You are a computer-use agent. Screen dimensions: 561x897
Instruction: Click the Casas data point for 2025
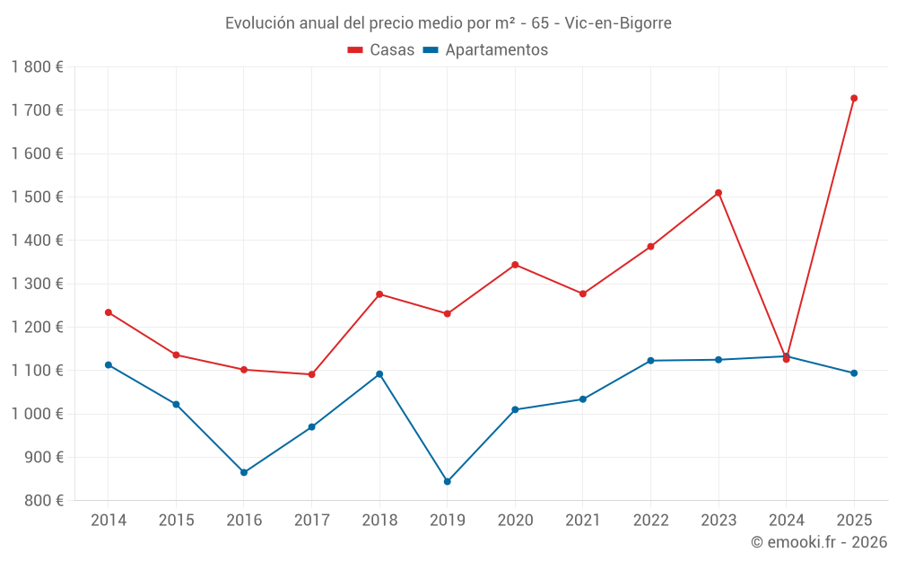tap(854, 98)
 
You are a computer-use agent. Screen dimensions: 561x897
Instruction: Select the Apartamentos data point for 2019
tap(448, 481)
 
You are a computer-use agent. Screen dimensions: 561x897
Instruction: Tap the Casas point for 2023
tap(718, 192)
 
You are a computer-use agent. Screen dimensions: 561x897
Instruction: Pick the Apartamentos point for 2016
tap(244, 472)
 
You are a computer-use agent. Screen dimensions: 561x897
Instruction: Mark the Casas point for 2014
tap(109, 312)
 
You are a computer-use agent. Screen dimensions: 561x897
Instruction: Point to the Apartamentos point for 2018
tap(379, 373)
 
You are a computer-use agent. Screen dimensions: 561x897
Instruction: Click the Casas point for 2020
tap(515, 265)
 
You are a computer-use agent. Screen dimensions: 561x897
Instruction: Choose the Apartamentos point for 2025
tap(854, 373)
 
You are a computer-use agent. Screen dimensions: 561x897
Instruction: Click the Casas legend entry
tap(381, 50)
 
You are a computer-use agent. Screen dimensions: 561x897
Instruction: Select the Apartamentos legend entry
tap(485, 50)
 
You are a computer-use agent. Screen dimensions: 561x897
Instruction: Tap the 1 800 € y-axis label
tap(37, 67)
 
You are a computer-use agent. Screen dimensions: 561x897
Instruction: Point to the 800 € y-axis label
tap(43, 501)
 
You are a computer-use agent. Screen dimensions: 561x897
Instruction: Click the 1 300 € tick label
tap(37, 284)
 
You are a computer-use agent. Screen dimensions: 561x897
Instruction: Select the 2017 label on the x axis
tap(311, 521)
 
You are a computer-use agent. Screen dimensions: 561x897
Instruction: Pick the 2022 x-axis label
tap(650, 521)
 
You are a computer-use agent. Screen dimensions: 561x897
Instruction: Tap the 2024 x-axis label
tap(786, 521)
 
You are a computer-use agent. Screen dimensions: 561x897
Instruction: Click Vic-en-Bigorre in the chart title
tap(618, 23)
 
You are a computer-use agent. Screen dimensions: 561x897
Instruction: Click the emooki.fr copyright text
tap(818, 542)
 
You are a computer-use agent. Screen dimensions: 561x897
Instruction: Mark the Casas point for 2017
tap(311, 374)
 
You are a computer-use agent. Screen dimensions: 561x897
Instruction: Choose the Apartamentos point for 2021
tap(583, 399)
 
